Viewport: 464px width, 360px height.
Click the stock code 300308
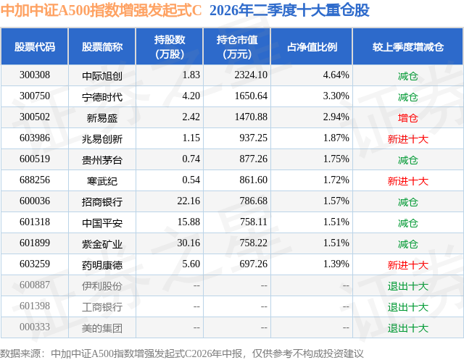(35, 75)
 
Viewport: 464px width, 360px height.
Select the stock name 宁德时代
(102, 96)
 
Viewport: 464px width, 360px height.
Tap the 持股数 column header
(170, 46)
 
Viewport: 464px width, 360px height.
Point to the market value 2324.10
(251, 75)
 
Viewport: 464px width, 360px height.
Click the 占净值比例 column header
(312, 47)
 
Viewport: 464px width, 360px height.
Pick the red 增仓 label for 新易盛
(407, 118)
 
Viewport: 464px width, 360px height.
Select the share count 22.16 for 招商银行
(188, 201)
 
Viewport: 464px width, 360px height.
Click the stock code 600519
(35, 159)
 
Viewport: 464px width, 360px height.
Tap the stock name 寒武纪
(102, 181)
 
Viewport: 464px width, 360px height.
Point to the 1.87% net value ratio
(336, 138)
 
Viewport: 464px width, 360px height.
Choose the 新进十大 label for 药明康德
(407, 265)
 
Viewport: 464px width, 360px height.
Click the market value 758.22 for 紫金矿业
(253, 243)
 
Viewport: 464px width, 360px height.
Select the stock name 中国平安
(102, 223)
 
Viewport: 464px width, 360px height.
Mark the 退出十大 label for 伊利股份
(407, 286)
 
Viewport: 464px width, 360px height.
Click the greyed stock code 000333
(35, 327)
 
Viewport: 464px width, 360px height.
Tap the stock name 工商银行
(102, 307)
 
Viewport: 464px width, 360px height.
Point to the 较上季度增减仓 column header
(407, 47)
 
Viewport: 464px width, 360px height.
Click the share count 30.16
(188, 243)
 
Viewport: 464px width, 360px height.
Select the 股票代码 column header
(35, 47)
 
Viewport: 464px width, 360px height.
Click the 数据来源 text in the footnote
(20, 353)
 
